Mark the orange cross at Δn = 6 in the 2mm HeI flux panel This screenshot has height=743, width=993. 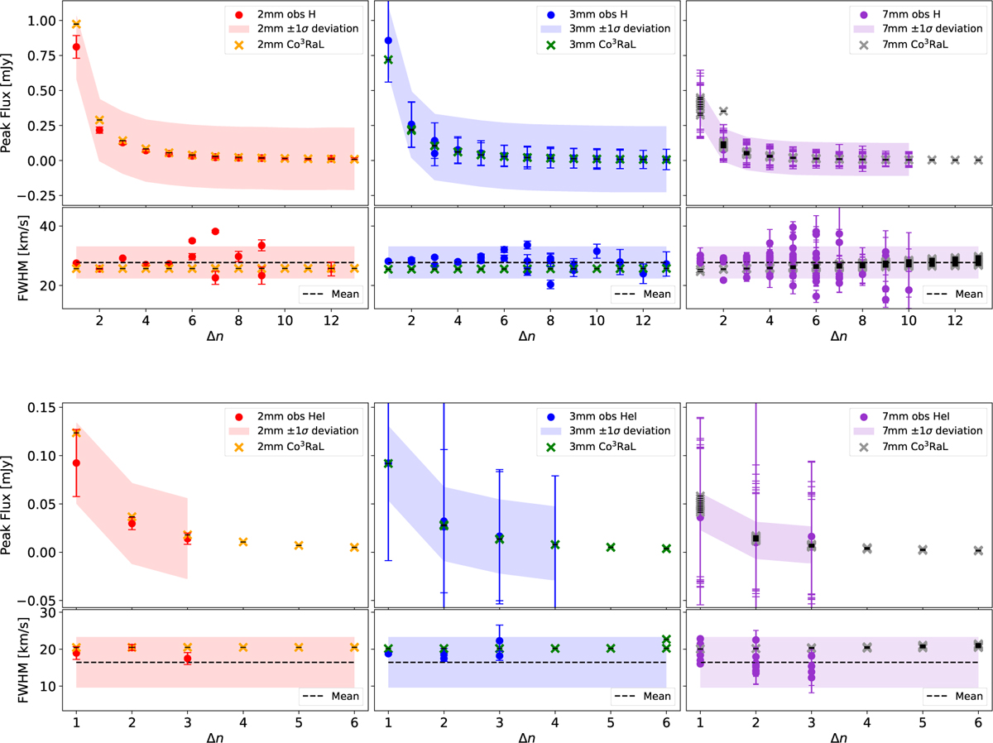click(354, 547)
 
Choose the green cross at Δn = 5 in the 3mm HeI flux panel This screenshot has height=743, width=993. click(611, 547)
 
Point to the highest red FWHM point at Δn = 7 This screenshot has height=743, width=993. click(215, 232)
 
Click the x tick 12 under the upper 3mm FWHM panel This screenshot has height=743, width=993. click(643, 321)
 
